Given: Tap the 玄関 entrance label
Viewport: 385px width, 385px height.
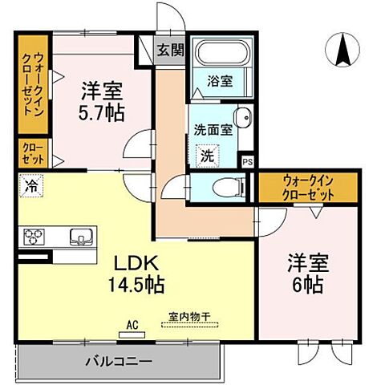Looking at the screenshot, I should (169, 50).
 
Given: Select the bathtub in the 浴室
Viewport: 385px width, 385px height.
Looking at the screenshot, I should (222, 56).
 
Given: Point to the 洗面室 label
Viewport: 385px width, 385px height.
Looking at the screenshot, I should (213, 129).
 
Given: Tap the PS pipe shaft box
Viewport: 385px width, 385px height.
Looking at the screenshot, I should (248, 160).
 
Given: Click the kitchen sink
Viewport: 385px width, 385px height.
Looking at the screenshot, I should (81, 236).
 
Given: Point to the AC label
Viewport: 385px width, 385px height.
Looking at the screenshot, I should (133, 325).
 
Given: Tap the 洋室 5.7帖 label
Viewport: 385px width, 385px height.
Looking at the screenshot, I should (103, 102).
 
